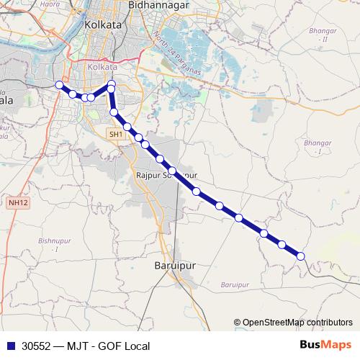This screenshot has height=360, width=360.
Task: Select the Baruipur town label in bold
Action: (175, 265)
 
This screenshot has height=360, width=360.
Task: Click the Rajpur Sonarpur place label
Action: (166, 175)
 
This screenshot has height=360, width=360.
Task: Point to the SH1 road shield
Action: (116, 135)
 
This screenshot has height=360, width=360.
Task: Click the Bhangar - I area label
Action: (318, 148)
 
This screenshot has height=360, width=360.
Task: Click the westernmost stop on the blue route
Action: (60, 85)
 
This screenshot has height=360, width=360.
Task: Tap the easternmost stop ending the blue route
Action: (300, 256)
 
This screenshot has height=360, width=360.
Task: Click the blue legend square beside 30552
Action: (9, 346)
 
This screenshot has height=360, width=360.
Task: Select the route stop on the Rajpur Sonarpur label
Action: (173, 171)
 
